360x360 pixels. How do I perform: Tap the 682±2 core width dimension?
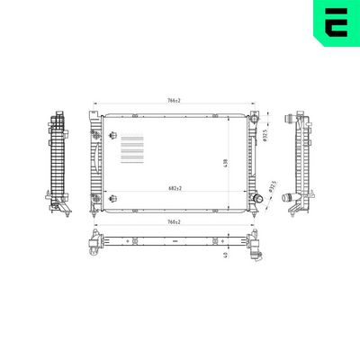(x=174, y=188)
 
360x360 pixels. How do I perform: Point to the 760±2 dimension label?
(x=174, y=221)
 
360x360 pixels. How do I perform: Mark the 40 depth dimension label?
(x=224, y=254)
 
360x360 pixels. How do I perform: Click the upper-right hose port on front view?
(x=256, y=118)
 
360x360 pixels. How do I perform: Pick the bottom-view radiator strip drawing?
(x=174, y=242)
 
